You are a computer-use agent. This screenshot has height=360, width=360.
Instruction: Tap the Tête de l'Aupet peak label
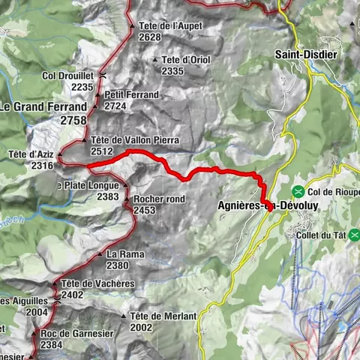171,25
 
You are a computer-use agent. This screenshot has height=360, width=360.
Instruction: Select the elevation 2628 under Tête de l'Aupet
150,37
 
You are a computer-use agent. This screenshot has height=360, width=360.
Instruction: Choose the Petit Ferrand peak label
132,95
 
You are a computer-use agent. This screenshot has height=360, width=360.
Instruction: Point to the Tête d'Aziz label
31,154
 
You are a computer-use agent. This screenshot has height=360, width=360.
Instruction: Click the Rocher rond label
158,199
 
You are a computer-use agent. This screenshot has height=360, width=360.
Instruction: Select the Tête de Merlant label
162,316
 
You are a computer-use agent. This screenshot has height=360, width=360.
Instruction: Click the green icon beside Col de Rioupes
298,190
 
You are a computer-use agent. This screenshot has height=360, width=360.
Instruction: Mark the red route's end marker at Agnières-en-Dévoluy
268,207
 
